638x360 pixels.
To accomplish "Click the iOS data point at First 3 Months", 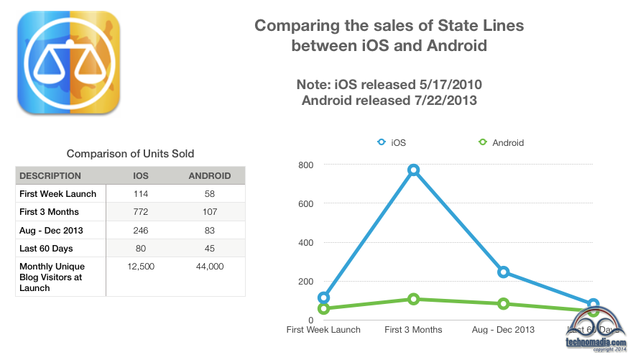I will [413, 170].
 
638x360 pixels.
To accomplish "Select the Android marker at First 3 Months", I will [413, 299].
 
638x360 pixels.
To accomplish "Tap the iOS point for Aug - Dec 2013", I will [503, 272].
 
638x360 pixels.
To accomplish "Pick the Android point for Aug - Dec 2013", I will [503, 304].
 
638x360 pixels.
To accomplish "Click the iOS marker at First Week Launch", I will [323, 297].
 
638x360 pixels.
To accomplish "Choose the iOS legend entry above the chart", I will [392, 142].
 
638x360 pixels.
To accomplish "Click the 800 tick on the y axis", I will [305, 165].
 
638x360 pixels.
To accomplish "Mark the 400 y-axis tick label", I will [305, 243].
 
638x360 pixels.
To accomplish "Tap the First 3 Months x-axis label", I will [413, 330].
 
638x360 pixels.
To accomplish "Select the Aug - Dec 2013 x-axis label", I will [503, 330].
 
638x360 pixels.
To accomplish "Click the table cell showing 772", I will [142, 212].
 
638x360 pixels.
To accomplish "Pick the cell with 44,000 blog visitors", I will [209, 267].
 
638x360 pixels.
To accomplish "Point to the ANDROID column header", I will [209, 175].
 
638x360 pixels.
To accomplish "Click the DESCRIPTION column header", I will [50, 175].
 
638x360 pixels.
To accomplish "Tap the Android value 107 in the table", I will [209, 212].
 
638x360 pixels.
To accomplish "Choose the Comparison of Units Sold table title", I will [130, 154].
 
